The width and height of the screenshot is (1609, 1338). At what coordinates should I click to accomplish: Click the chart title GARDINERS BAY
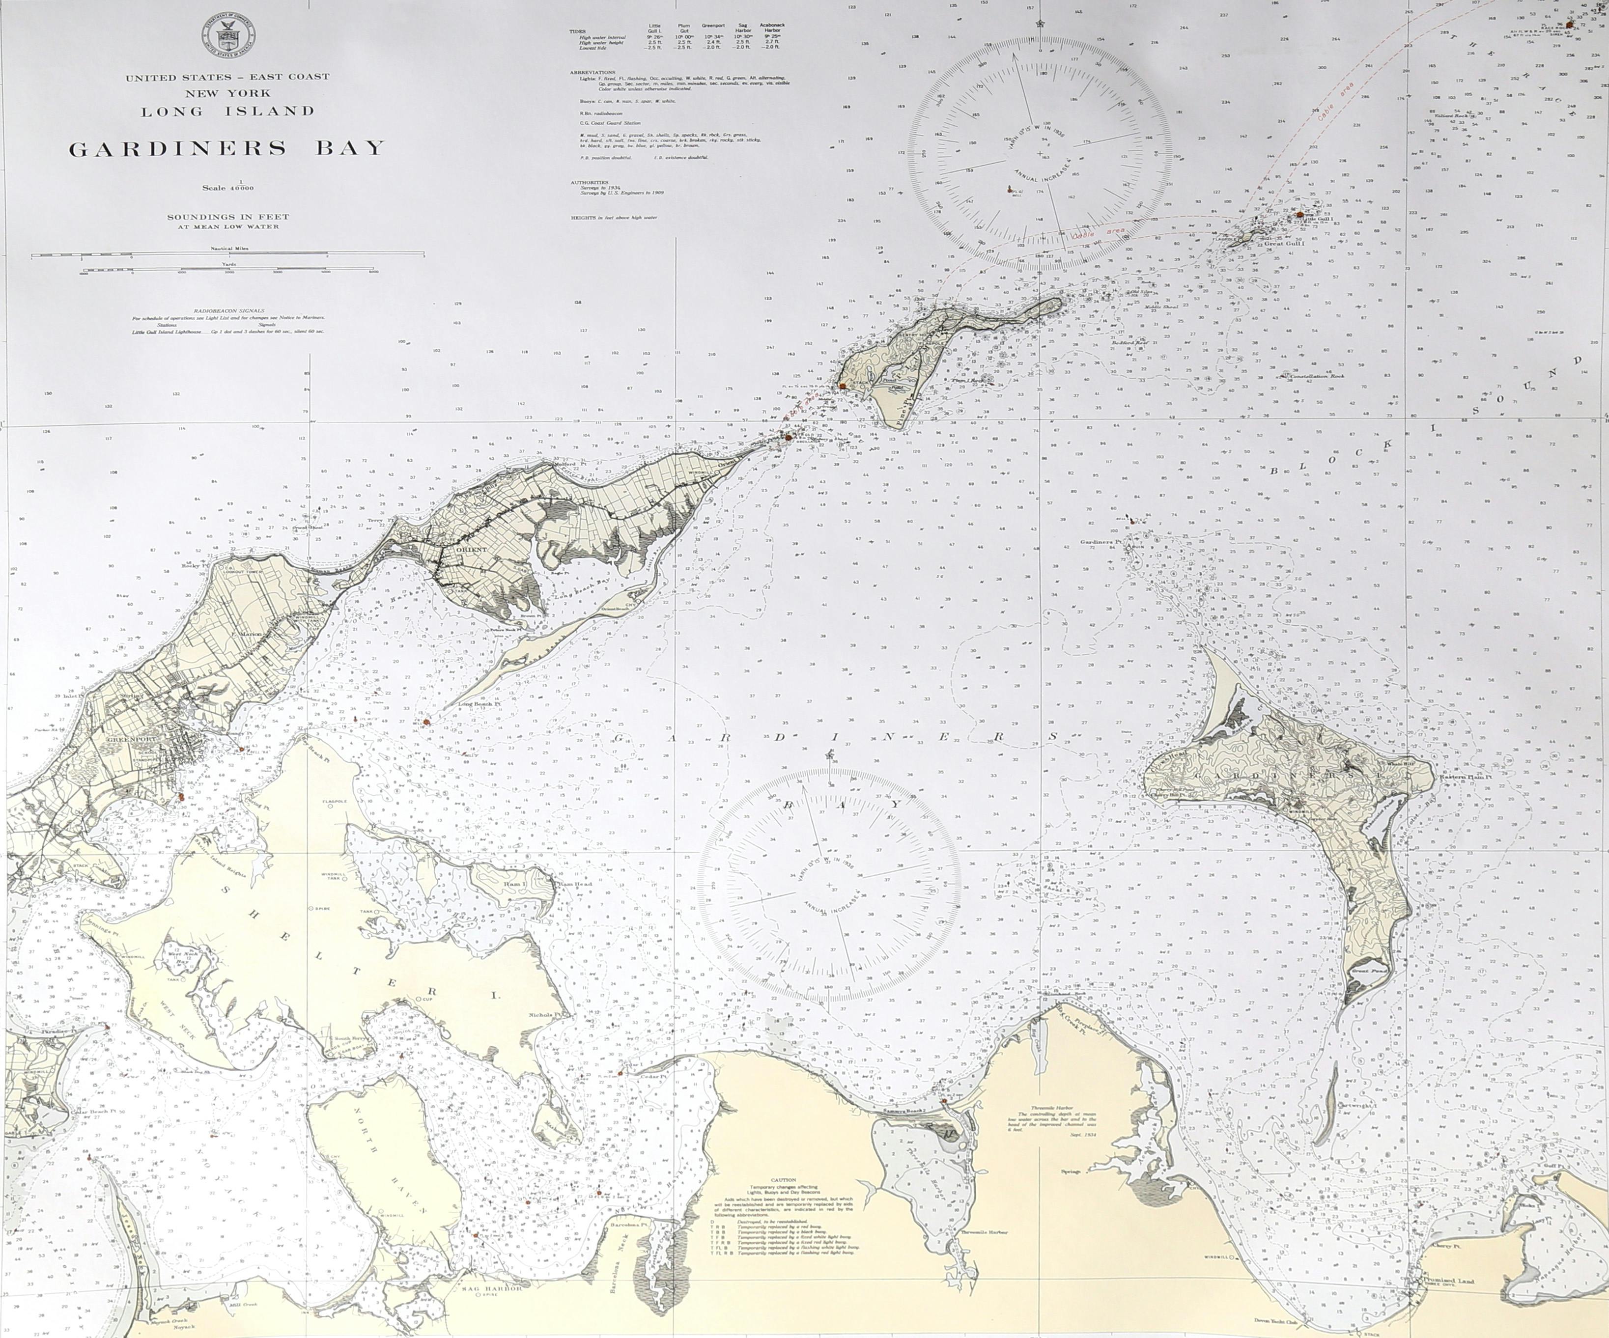[x=227, y=148]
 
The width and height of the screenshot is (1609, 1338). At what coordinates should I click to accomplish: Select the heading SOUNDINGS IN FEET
[x=229, y=217]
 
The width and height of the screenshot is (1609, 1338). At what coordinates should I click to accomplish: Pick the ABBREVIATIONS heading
[x=593, y=72]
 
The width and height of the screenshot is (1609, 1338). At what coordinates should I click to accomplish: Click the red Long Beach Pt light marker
[x=426, y=722]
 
